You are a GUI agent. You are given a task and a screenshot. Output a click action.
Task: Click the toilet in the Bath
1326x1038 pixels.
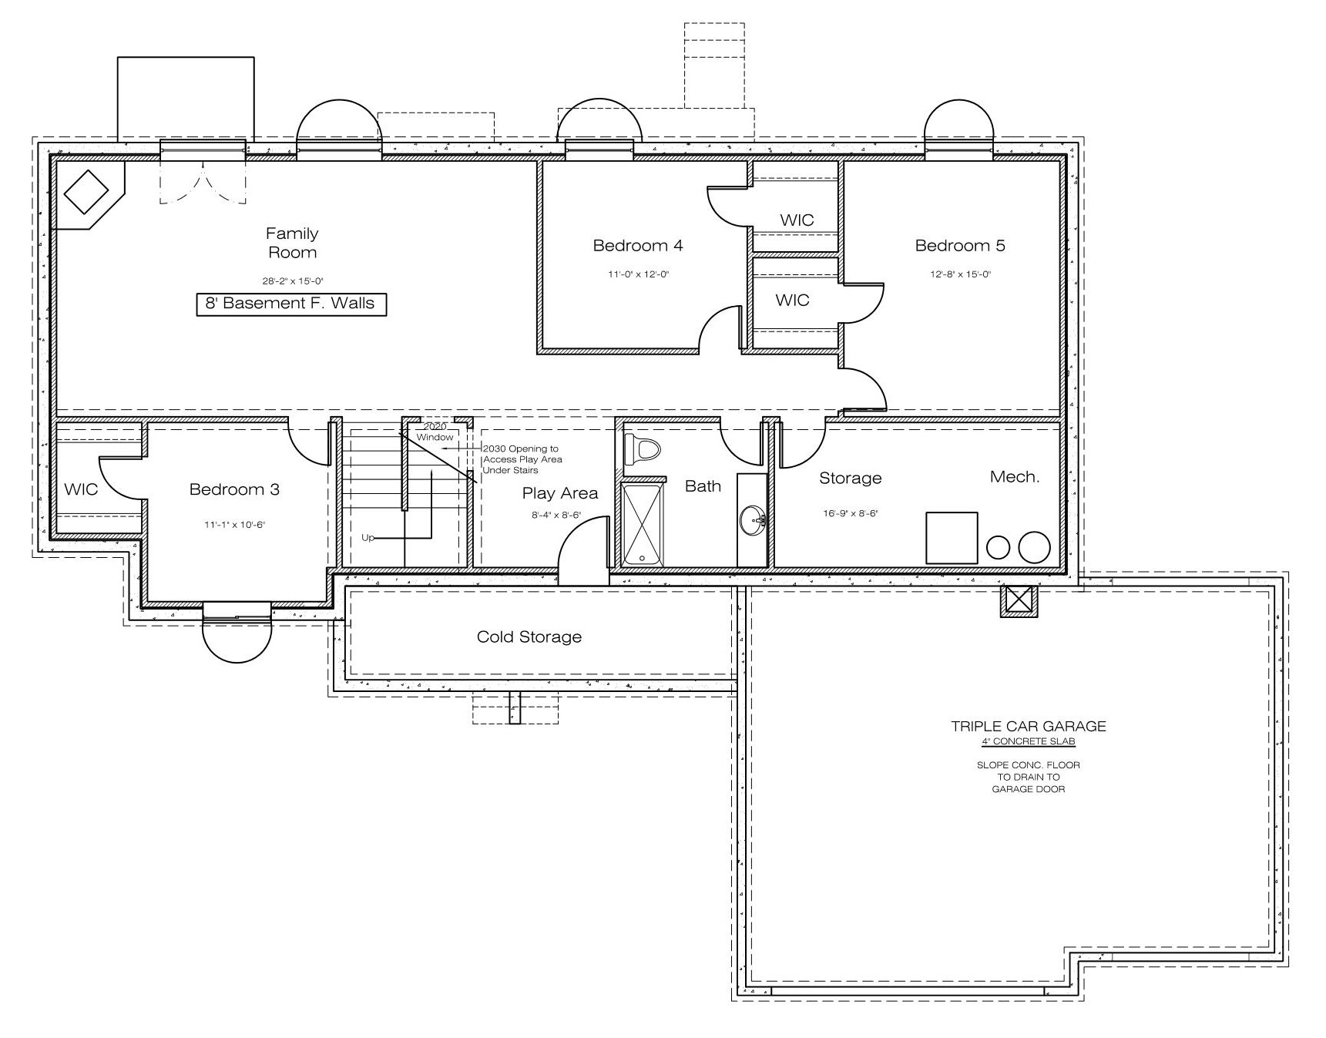tap(643, 449)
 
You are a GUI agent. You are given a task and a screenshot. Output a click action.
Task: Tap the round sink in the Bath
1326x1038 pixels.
tap(753, 522)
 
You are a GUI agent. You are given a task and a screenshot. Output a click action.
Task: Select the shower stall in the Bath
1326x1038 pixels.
tap(643, 524)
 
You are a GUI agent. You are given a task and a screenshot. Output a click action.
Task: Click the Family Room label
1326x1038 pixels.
tap(292, 243)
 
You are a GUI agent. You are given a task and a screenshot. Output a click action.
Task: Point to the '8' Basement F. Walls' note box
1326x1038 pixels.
tap(291, 304)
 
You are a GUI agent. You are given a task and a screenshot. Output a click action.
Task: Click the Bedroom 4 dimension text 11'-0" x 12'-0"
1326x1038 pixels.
tap(638, 274)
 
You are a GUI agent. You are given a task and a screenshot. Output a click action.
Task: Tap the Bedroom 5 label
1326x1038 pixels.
tap(960, 246)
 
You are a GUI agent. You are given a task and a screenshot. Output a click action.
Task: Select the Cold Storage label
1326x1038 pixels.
tap(529, 637)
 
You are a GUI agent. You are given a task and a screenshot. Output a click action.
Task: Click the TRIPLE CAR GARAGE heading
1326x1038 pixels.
tap(1029, 726)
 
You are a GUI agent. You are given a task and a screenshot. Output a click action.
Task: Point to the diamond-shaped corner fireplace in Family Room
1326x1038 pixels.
tap(86, 193)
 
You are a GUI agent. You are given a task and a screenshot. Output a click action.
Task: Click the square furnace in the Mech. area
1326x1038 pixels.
tap(952, 538)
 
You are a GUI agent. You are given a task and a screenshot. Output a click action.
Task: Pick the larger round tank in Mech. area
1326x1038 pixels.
tap(1034, 547)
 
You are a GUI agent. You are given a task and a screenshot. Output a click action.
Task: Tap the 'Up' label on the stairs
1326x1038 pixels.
tap(368, 538)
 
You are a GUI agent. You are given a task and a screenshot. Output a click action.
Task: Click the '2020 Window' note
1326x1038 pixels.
tap(435, 432)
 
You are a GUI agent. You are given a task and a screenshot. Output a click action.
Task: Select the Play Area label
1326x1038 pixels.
tap(560, 494)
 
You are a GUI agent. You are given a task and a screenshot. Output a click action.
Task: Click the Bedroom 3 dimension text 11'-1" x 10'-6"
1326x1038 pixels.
tap(234, 525)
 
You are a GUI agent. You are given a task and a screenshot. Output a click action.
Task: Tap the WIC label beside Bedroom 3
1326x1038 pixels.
tap(81, 489)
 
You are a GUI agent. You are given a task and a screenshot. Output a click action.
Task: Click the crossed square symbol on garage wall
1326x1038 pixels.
tap(1020, 600)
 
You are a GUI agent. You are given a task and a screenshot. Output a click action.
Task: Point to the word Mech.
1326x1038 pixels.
tap(1015, 477)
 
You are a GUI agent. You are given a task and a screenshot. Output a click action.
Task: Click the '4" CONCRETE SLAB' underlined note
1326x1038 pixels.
tap(1029, 741)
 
